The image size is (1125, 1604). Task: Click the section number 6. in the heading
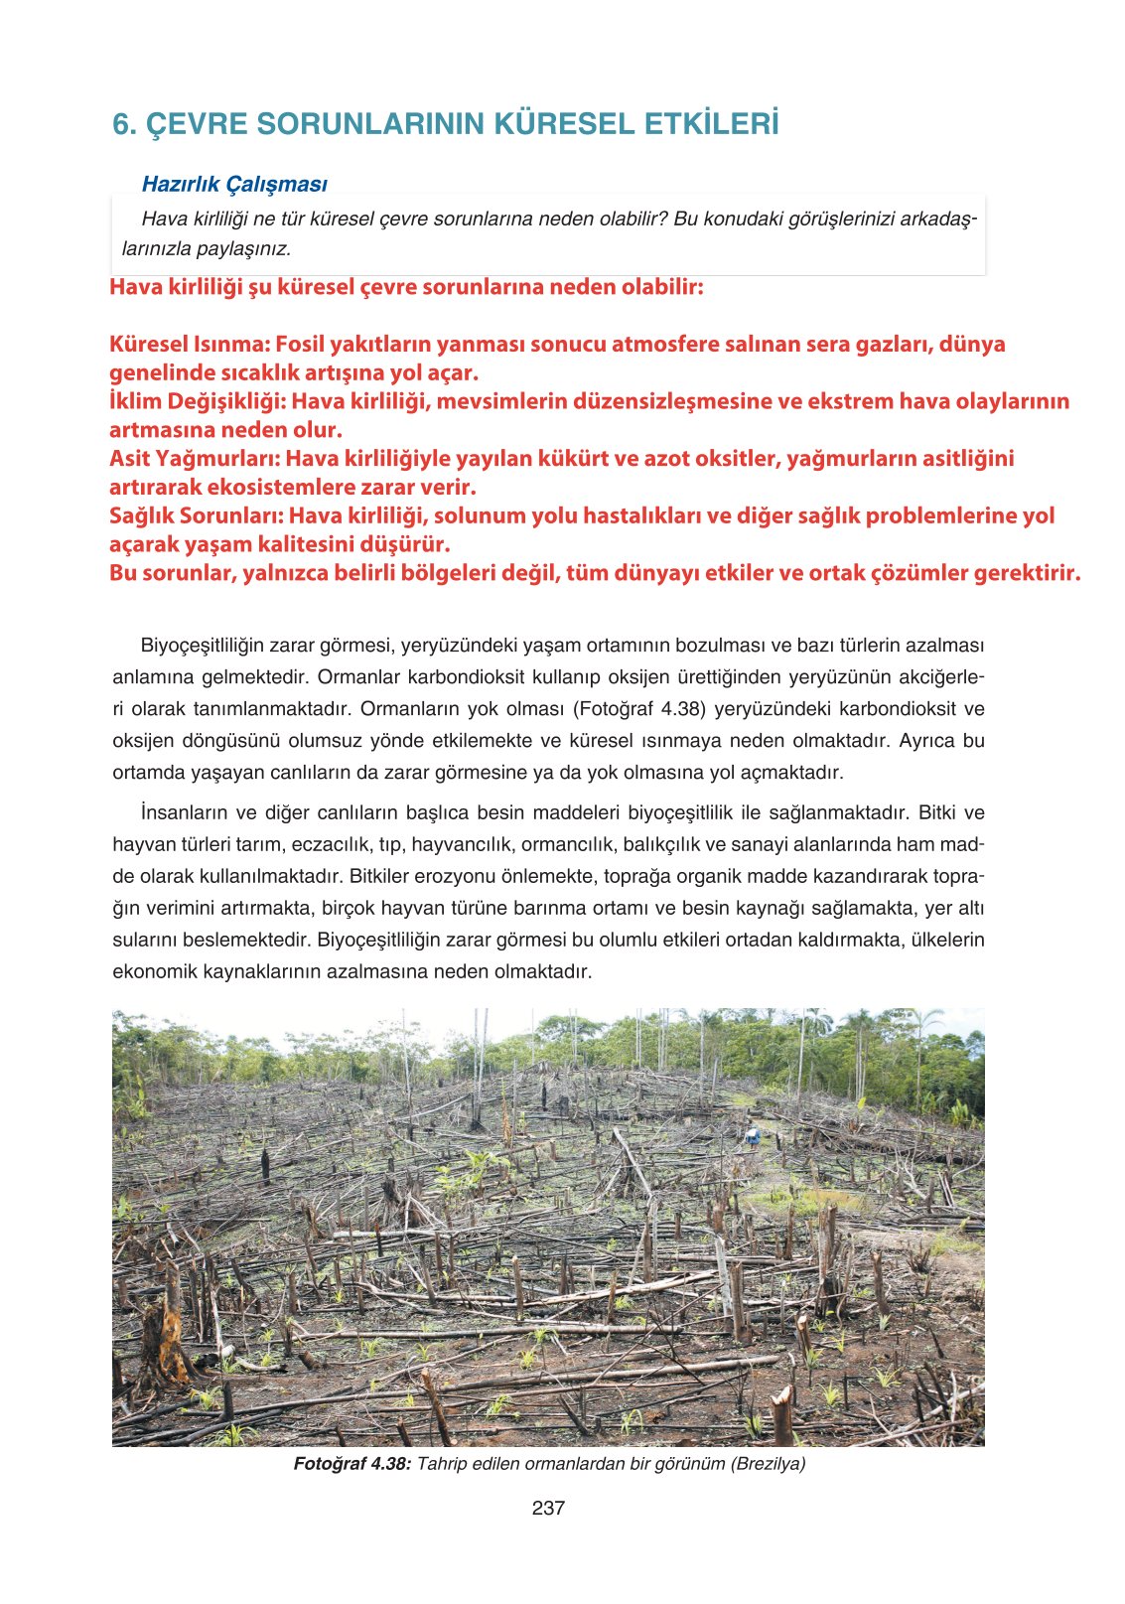123,125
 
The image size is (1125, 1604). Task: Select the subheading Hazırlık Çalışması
234,184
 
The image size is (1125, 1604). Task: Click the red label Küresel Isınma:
190,345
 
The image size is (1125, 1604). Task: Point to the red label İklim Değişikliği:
198,401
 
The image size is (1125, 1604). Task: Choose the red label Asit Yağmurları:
195,459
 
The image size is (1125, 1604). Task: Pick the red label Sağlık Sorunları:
197,515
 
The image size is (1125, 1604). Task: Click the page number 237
548,1508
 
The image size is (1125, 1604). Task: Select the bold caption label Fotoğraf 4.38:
352,1464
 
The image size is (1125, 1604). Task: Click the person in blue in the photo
754,1135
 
